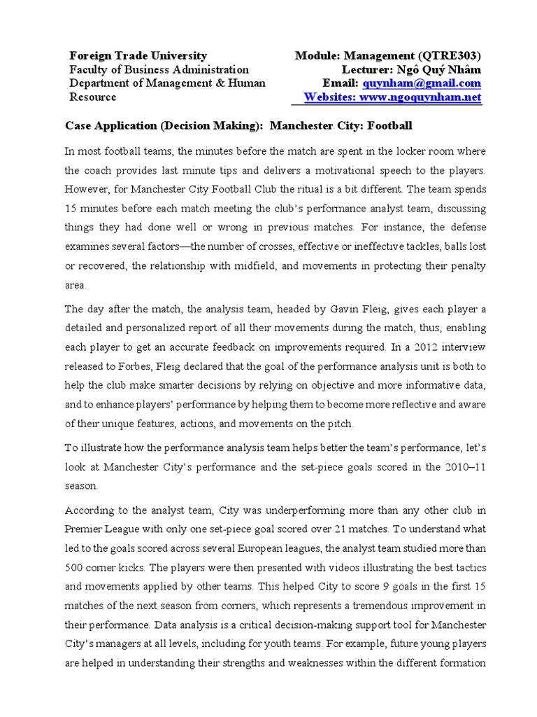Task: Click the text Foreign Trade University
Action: tap(137, 55)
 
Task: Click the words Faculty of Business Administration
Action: tap(159, 69)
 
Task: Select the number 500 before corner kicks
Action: tap(75, 566)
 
